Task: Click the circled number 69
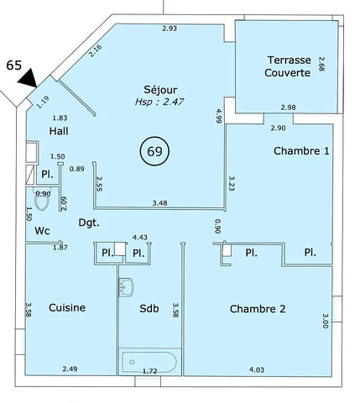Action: [x=154, y=151]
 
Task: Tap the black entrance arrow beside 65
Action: [x=29, y=78]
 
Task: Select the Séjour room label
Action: [x=160, y=90]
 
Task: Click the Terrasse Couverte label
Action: [x=288, y=66]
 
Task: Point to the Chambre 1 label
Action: [x=301, y=151]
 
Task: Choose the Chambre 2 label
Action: [x=258, y=309]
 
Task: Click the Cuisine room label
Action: [x=67, y=307]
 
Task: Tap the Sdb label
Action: [x=149, y=308]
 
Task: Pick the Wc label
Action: [x=43, y=231]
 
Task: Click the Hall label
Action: [x=59, y=131]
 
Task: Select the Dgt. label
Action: [x=89, y=223]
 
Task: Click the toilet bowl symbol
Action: [x=42, y=200]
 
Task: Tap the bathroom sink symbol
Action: [x=126, y=287]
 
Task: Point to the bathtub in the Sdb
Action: [x=149, y=362]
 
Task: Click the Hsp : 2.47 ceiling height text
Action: [x=159, y=102]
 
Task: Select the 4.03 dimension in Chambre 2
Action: [x=257, y=370]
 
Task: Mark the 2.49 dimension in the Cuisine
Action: [x=70, y=369]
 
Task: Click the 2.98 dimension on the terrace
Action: [x=289, y=107]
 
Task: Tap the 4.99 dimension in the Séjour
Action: [x=218, y=116]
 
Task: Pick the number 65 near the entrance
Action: [x=14, y=65]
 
